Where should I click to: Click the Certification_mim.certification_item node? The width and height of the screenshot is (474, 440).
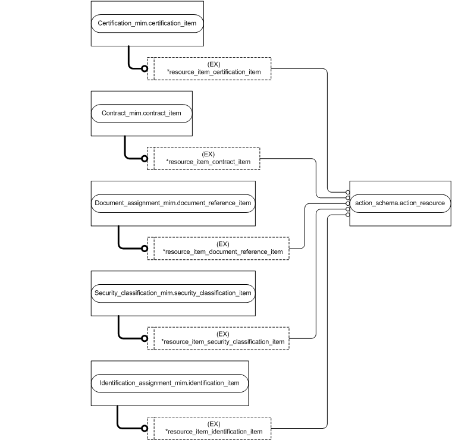(x=147, y=24)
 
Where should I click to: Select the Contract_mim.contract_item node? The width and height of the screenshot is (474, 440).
(x=142, y=113)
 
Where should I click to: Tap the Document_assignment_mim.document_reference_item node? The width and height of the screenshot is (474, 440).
(x=173, y=203)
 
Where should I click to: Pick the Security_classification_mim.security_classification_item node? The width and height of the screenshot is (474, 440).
(x=173, y=293)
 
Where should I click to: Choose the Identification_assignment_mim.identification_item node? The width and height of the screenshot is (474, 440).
(x=170, y=383)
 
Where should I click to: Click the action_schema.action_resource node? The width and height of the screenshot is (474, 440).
(x=400, y=203)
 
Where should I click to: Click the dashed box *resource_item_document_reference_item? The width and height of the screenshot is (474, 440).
(x=218, y=248)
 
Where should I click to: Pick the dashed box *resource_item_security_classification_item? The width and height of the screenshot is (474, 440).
(x=218, y=338)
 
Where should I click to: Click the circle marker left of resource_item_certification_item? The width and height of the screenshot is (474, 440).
(x=144, y=68)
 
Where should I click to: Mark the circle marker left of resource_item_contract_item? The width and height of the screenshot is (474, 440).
(x=144, y=158)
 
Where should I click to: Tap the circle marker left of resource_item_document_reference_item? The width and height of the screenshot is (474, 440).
(x=144, y=248)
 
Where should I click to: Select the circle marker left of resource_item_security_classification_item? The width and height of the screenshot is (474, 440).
(x=144, y=338)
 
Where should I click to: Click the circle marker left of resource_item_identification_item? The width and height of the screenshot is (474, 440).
(x=144, y=428)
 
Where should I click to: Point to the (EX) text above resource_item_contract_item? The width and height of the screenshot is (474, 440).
(x=208, y=154)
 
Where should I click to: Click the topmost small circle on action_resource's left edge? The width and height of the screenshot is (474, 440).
(x=347, y=192)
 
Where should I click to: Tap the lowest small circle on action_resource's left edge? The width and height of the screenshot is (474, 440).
(x=347, y=215)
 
